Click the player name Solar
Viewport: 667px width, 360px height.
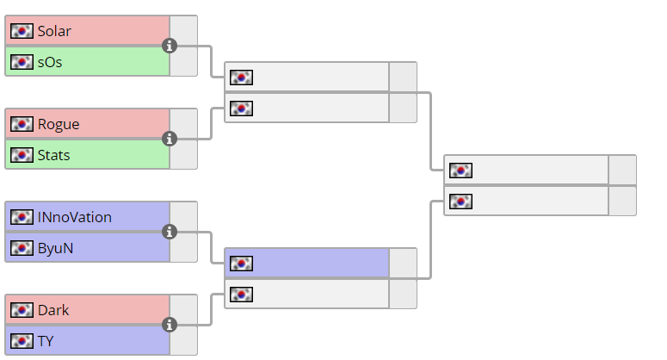(54, 31)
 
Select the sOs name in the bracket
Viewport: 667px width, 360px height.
(50, 62)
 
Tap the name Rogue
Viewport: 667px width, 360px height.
(59, 124)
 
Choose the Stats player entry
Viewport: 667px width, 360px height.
(53, 155)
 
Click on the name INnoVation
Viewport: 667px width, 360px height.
(75, 217)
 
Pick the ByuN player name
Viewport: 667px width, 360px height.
(54, 248)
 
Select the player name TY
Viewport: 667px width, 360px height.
(46, 341)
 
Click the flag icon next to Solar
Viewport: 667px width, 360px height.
(22, 31)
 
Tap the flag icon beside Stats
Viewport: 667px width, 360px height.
(22, 155)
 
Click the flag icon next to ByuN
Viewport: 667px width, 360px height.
(22, 248)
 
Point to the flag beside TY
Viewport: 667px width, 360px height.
(22, 341)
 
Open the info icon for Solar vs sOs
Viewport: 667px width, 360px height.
(170, 46)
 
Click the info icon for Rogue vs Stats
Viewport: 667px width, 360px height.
(170, 139)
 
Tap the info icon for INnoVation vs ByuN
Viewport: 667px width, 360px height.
(170, 232)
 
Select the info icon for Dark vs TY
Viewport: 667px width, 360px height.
(170, 325)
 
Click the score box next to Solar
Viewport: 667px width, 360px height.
(183, 30)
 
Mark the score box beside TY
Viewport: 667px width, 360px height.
(183, 341)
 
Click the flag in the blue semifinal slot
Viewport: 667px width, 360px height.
(242, 264)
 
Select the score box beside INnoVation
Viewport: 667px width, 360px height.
(183, 216)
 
